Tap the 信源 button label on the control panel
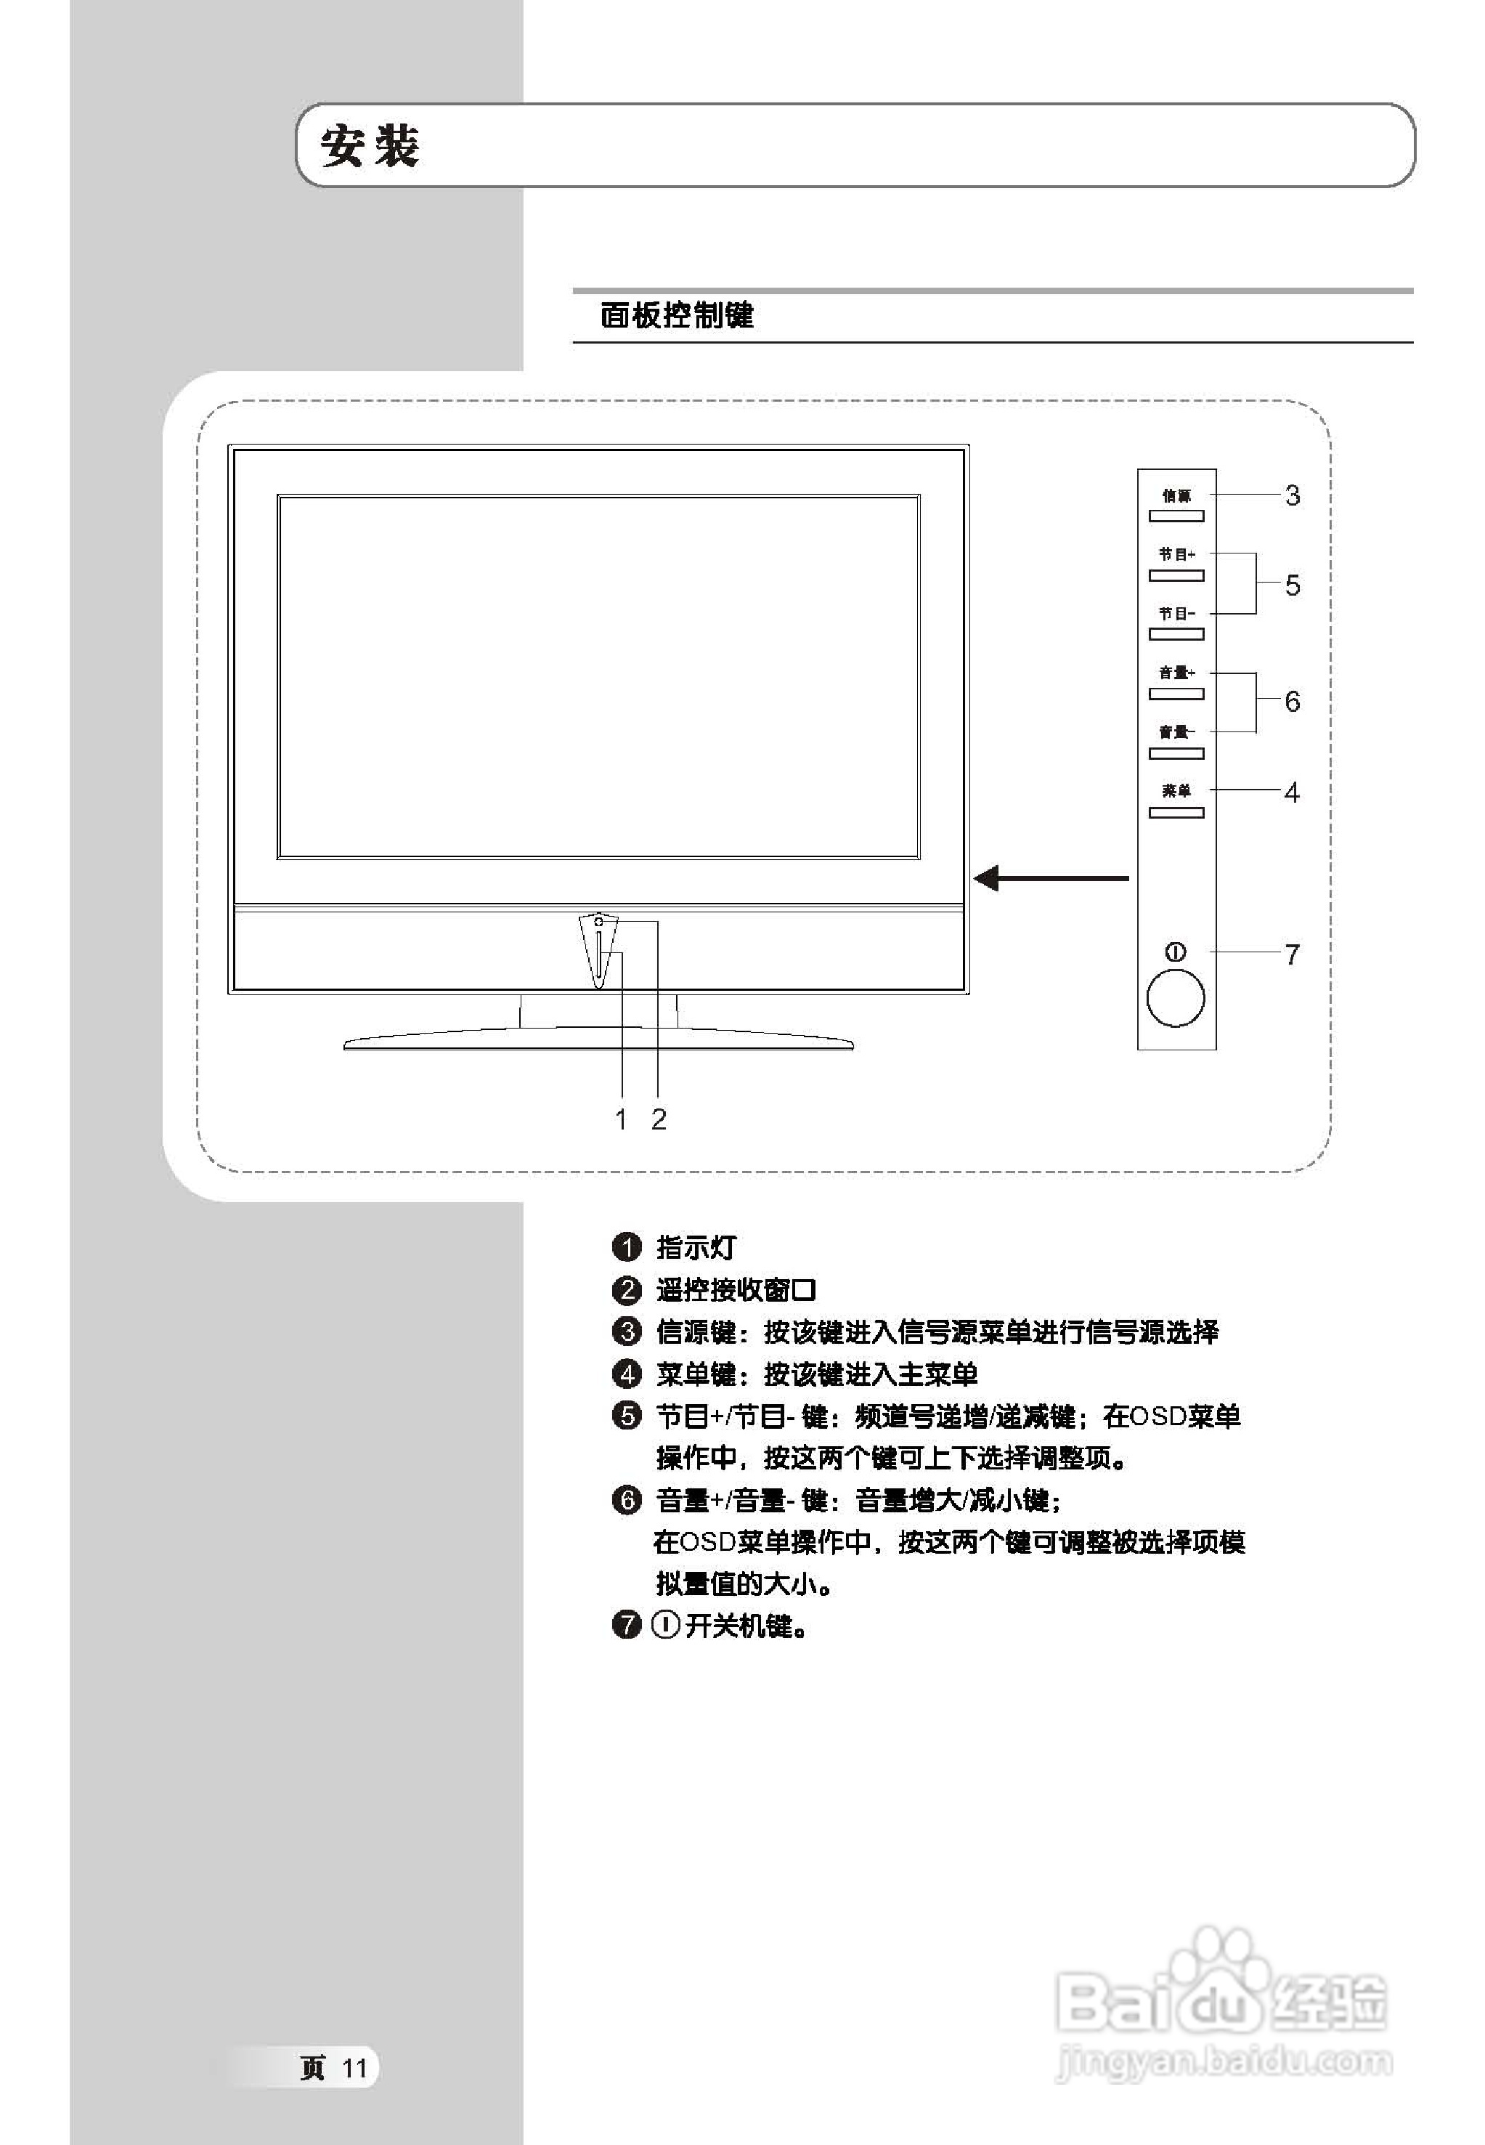click(1176, 496)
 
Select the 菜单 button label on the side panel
click(1176, 791)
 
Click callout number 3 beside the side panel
click(1293, 496)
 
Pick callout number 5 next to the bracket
click(1293, 585)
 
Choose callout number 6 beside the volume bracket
click(1293, 702)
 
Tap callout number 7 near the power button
click(1293, 954)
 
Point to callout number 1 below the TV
click(622, 1119)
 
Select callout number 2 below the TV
click(659, 1119)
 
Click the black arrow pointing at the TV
click(1051, 877)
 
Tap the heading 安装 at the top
click(370, 147)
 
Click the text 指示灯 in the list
click(696, 1247)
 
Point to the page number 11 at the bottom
click(354, 2069)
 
